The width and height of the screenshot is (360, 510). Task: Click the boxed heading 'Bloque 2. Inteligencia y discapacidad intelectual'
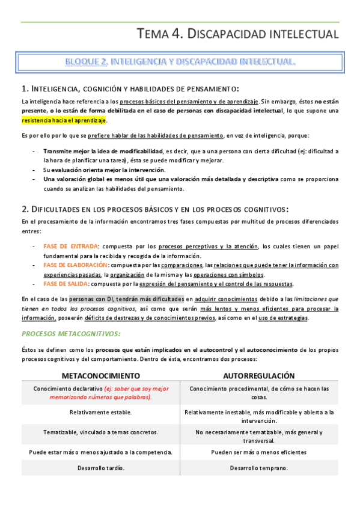[x=180, y=62]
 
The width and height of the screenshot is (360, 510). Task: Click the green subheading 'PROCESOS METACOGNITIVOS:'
[x=71, y=333]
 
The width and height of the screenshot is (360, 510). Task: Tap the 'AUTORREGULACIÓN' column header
[x=259, y=375]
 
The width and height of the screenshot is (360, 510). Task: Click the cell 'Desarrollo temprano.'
[x=259, y=468]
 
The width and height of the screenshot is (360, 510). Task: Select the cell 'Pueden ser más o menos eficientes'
[x=259, y=452]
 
